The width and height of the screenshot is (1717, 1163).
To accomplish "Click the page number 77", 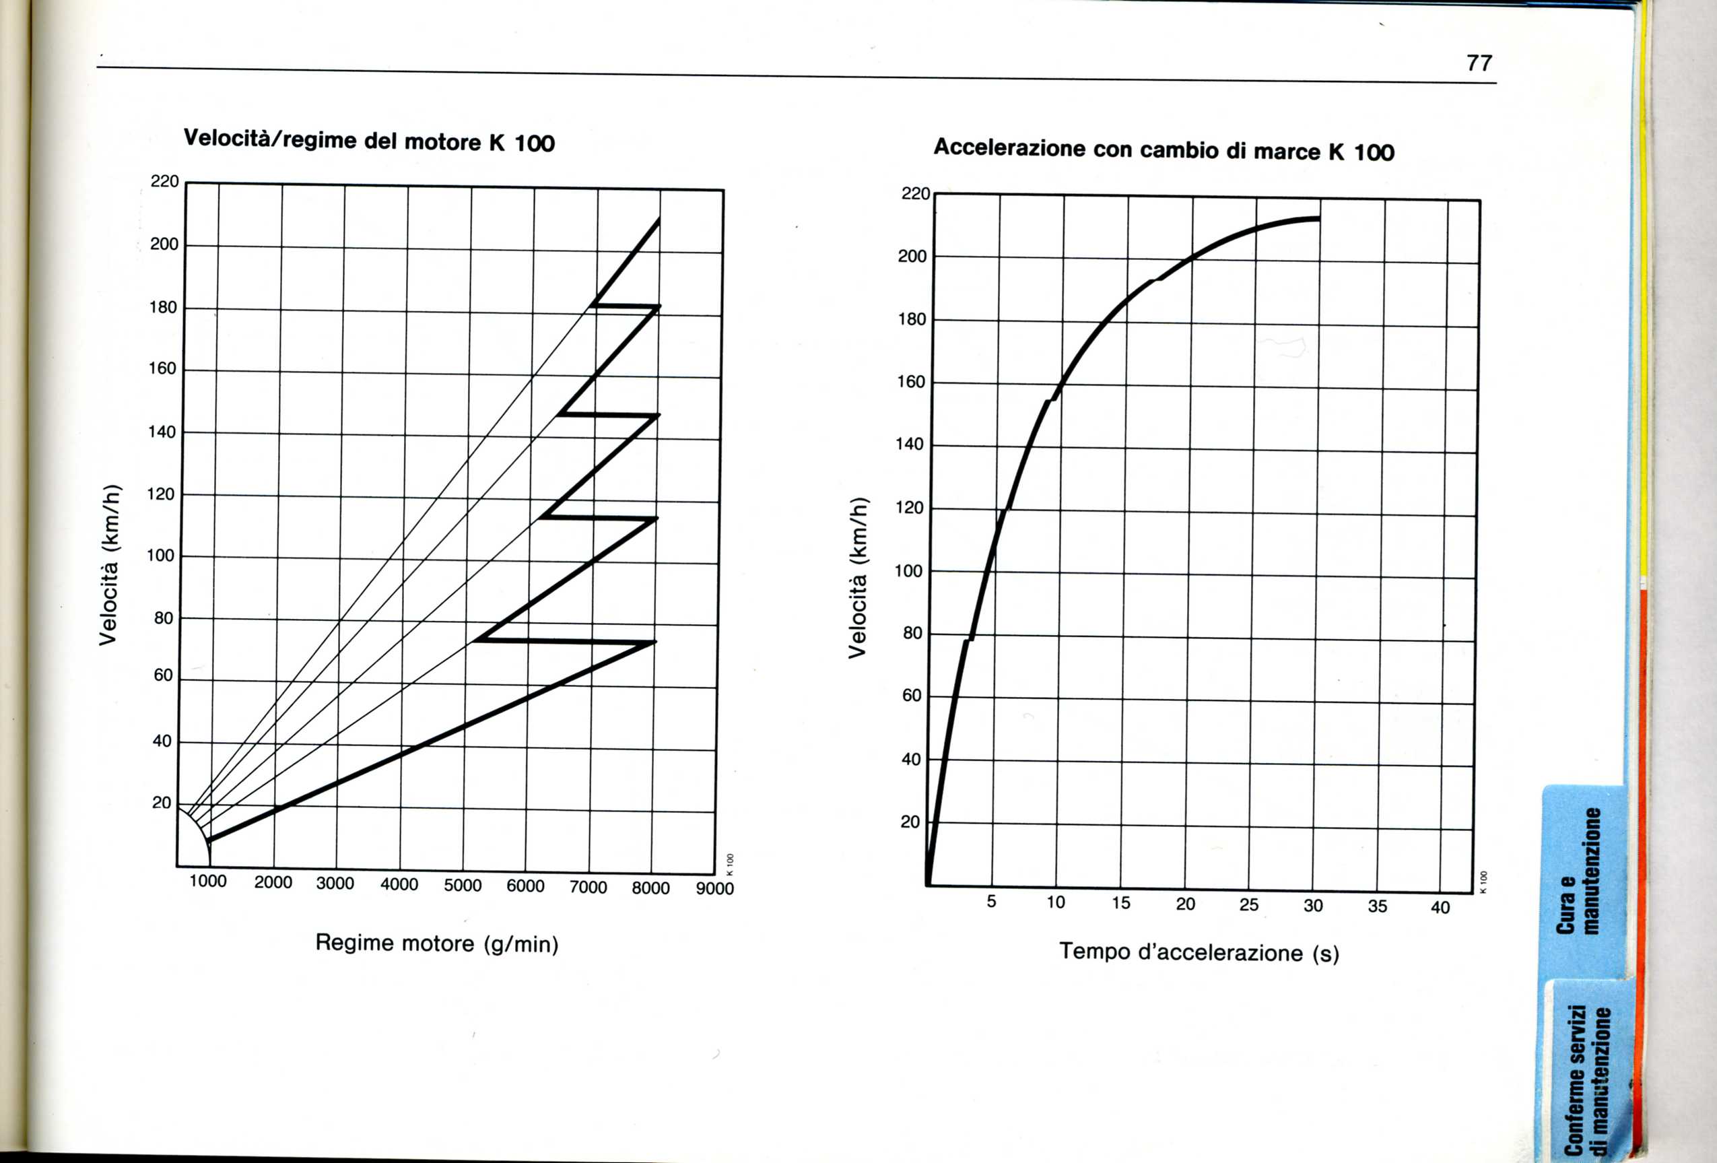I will tap(1479, 63).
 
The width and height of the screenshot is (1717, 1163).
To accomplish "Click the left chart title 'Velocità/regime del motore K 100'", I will tap(369, 140).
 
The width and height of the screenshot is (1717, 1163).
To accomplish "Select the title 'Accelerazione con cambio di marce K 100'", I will tap(1164, 149).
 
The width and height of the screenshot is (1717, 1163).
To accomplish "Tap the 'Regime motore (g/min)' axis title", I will tap(436, 943).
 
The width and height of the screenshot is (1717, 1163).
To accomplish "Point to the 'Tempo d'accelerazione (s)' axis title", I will tap(1199, 952).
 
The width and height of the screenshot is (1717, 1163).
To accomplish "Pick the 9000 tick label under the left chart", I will tap(714, 889).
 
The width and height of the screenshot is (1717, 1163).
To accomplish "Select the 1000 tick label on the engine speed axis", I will tap(207, 882).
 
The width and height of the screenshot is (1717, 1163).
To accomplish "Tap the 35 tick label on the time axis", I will tap(1377, 906).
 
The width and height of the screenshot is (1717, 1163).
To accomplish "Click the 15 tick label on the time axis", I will tap(1121, 903).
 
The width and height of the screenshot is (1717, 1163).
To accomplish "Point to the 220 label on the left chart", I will tap(165, 182).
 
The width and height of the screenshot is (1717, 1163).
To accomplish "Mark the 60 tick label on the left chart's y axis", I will tap(162, 675).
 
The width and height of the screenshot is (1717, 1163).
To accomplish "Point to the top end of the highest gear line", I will tap(659, 220).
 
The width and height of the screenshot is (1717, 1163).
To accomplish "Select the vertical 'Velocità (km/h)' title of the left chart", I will tap(108, 564).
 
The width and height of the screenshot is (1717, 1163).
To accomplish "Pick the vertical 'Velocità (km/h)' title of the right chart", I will tap(857, 578).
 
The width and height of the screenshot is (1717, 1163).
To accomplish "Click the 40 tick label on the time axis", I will tap(1440, 908).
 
